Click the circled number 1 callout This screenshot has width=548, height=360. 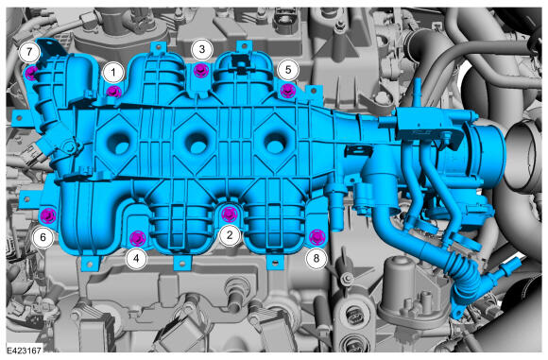point(113,73)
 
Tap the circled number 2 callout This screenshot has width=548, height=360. point(230,235)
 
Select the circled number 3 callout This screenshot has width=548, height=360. point(202,49)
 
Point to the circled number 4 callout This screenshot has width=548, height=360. point(136,259)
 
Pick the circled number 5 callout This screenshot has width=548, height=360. point(288,70)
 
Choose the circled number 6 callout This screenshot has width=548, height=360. point(43,238)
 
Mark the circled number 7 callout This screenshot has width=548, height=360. point(29,52)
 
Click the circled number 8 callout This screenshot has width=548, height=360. point(317,259)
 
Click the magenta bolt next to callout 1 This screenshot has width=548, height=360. point(113,92)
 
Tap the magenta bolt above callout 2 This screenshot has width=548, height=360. point(229,214)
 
